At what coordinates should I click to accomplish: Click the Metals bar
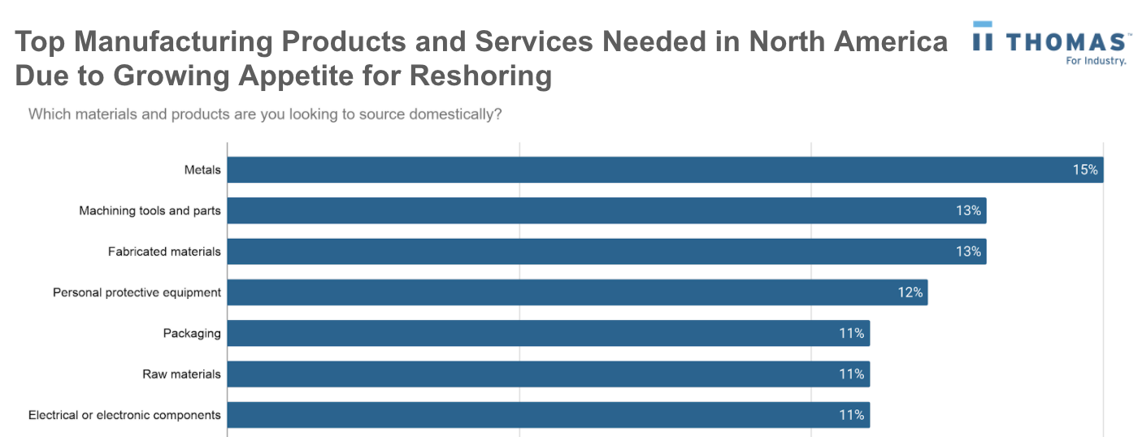click(x=665, y=170)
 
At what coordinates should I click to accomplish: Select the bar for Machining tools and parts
click(x=606, y=210)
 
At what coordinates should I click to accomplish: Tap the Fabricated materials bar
click(x=606, y=251)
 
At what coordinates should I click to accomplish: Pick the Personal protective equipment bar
click(x=577, y=292)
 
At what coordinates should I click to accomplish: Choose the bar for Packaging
click(x=548, y=333)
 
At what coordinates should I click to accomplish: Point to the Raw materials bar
click(x=548, y=374)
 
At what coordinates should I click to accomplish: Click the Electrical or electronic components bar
click(x=548, y=414)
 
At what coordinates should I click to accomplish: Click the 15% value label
click(x=1084, y=170)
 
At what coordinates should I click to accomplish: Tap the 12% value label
click(x=910, y=292)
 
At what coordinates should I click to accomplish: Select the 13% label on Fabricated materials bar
click(x=968, y=251)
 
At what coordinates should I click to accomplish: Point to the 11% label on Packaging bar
click(x=851, y=333)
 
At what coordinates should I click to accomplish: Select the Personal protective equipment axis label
click(x=137, y=292)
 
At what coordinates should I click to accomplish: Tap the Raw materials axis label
click(x=181, y=374)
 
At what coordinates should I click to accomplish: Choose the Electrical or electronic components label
click(x=124, y=414)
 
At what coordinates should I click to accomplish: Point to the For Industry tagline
click(x=1095, y=61)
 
